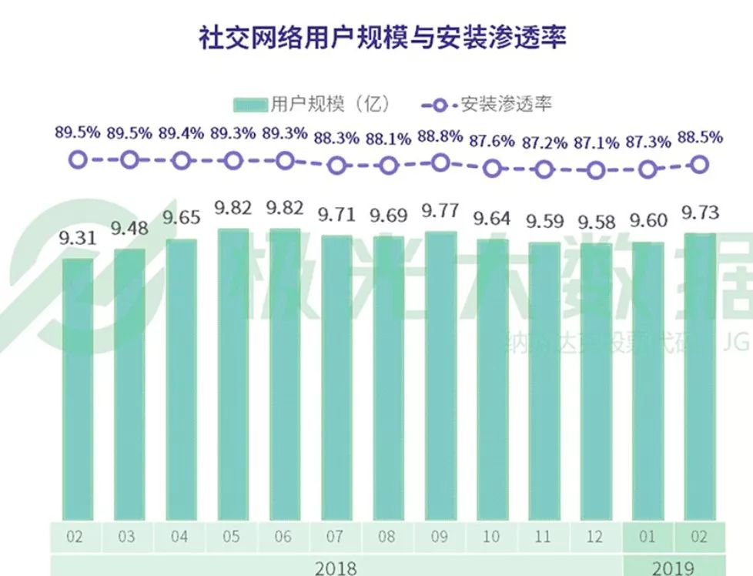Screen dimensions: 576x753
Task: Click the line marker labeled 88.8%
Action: tap(440, 162)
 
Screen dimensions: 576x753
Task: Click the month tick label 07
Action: tap(336, 537)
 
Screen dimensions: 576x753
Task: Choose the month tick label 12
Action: tap(596, 537)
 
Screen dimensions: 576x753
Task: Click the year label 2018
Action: tap(336, 568)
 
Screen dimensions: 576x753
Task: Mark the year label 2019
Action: tap(674, 568)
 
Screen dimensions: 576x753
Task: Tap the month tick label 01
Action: tap(648, 537)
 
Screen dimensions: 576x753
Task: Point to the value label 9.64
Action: tap(492, 219)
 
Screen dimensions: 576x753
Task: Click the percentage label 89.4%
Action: tap(181, 133)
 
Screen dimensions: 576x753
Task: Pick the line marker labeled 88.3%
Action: tap(336, 166)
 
